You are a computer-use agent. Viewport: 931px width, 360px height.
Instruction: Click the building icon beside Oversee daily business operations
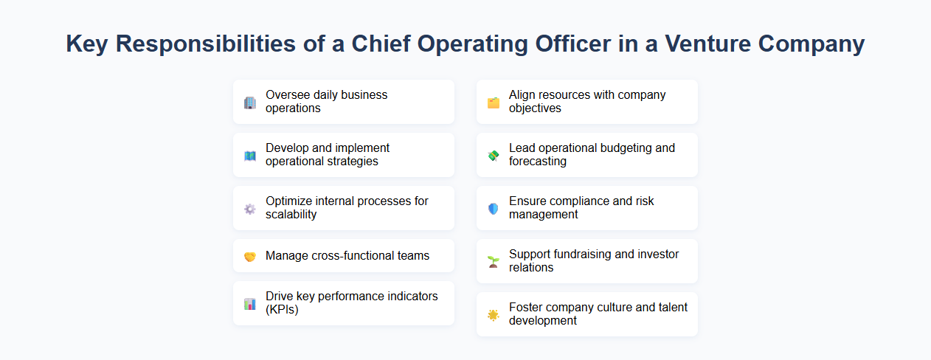250,103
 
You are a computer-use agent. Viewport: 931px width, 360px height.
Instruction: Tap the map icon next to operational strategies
250,156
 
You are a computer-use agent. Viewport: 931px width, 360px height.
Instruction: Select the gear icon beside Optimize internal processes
250,209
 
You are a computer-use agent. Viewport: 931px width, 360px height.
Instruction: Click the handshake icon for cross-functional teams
250,257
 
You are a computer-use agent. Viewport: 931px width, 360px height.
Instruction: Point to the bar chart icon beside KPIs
250,304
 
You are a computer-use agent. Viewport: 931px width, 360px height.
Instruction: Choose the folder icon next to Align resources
494,103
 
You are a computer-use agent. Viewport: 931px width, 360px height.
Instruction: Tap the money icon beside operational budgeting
494,156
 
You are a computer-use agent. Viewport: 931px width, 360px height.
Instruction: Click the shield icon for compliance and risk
494,209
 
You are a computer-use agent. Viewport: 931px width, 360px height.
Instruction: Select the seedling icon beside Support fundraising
494,262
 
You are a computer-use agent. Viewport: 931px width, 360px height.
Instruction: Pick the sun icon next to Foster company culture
494,315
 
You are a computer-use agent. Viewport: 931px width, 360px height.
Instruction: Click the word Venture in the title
711,44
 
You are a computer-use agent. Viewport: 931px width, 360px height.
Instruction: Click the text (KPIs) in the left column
283,310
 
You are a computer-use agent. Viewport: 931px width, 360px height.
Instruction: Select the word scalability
291,215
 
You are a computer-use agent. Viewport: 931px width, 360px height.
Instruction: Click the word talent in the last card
672,308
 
